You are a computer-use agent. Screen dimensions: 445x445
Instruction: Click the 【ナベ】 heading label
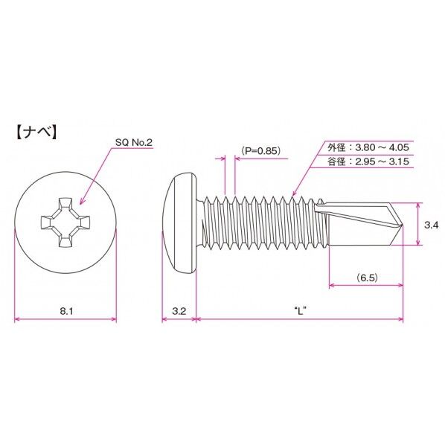pyautogui.click(x=37, y=133)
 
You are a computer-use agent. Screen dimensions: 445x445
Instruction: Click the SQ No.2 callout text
pyautogui.click(x=134, y=141)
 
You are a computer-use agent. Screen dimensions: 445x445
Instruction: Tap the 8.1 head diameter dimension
pyautogui.click(x=65, y=311)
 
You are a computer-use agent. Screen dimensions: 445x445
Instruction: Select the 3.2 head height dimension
pyautogui.click(x=179, y=311)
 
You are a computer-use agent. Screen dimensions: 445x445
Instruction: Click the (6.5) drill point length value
pyautogui.click(x=366, y=277)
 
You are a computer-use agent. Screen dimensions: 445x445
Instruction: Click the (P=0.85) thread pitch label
pyautogui.click(x=260, y=150)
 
